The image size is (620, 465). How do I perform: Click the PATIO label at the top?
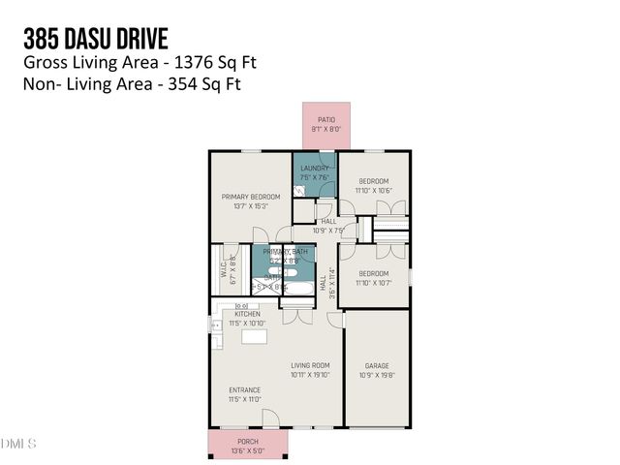coord(325,119)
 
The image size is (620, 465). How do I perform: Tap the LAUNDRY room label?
coord(315,169)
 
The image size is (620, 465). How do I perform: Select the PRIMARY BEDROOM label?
coord(243,197)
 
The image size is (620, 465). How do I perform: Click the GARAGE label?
coord(377,365)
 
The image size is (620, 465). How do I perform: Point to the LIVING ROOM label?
coord(311,365)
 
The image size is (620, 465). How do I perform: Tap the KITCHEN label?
coord(247,315)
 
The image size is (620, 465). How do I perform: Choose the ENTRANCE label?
coord(244,390)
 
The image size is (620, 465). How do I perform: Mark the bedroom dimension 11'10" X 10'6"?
coord(374,190)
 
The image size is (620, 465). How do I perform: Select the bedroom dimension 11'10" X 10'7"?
coord(374,283)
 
